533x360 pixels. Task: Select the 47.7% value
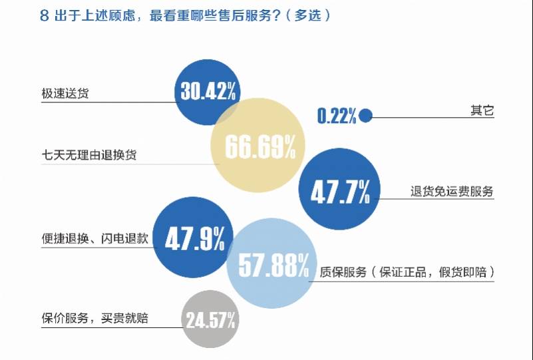(340, 192)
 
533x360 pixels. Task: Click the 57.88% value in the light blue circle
(268, 266)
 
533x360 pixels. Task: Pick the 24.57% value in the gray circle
(211, 321)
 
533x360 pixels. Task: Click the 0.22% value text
(337, 116)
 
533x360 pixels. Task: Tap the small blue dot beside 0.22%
(365, 116)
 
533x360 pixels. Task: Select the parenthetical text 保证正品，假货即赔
(434, 272)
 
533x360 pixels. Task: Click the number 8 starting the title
(44, 17)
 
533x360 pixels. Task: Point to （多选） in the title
(307, 17)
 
